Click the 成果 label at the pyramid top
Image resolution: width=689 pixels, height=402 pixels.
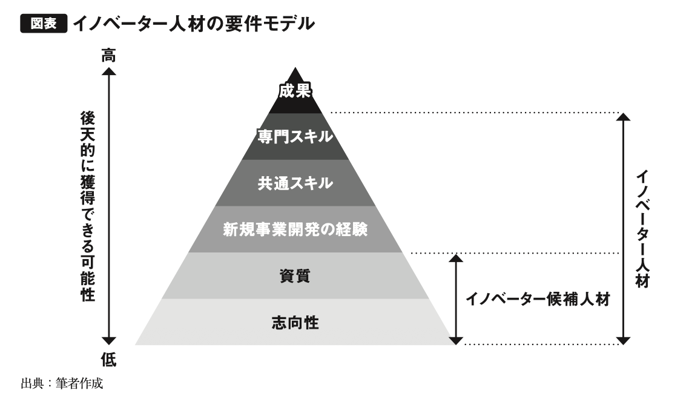(x=295, y=91)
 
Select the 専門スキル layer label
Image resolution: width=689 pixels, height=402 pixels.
(x=295, y=136)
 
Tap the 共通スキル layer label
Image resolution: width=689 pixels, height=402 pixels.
(x=295, y=183)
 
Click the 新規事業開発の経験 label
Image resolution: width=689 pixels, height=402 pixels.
(x=295, y=230)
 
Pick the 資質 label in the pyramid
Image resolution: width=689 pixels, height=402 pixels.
(x=295, y=276)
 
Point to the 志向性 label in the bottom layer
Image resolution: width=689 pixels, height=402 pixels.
(x=295, y=322)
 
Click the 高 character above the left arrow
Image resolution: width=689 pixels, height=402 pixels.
(x=108, y=56)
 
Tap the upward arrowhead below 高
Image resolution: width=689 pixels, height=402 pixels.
(x=108, y=72)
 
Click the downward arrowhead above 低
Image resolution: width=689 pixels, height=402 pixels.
(x=108, y=341)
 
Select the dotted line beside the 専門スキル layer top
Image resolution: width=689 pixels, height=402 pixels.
(x=472, y=113)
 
